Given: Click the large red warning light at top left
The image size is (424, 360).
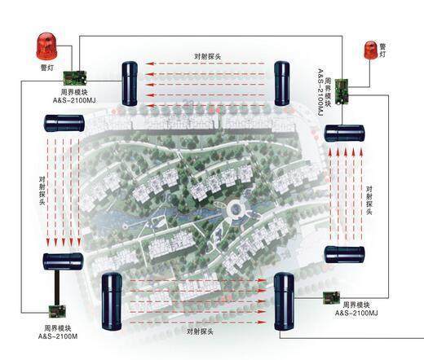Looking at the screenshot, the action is [x=46, y=46].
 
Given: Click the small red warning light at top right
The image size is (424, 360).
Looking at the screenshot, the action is [x=370, y=50].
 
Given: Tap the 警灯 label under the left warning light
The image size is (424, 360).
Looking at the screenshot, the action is [x=47, y=68].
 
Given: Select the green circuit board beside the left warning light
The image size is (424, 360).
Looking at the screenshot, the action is [x=75, y=77].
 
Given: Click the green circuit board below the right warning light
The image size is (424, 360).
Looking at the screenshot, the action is [x=342, y=91].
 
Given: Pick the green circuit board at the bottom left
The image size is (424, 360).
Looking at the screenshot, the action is [x=57, y=311].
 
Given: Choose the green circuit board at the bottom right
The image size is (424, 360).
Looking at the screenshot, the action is [x=331, y=298].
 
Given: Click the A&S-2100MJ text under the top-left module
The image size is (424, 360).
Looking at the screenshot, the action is [x=74, y=100].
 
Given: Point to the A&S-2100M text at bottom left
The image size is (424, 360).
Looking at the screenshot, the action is [x=58, y=336].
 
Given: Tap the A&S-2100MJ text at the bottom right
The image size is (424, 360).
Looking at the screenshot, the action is [x=356, y=313].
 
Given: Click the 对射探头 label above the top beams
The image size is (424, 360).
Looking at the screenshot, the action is [x=208, y=56].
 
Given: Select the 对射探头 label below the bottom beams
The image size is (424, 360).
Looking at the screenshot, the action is [x=200, y=331].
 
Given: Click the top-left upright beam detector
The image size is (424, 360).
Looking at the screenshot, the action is [x=130, y=84].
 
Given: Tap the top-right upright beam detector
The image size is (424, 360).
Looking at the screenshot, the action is [x=282, y=83].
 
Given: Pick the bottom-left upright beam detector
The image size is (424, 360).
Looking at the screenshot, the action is [x=112, y=301].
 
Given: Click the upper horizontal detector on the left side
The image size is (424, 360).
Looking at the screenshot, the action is [x=64, y=123].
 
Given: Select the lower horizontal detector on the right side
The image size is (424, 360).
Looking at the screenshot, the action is [x=344, y=254].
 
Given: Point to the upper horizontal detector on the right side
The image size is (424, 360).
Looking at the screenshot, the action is [x=344, y=134].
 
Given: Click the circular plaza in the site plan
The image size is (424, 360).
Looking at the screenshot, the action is [x=236, y=209].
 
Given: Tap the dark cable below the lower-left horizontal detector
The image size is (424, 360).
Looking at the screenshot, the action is [x=57, y=288].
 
